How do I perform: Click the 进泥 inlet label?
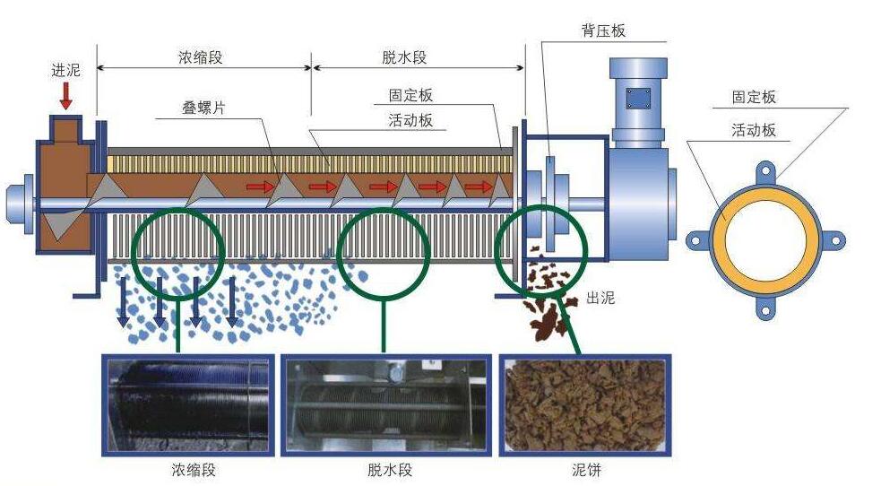(x=66, y=70)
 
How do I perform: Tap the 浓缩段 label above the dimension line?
(x=200, y=57)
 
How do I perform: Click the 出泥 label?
(x=600, y=298)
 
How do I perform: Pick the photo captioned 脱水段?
(x=386, y=404)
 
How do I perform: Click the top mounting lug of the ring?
(x=765, y=169)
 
